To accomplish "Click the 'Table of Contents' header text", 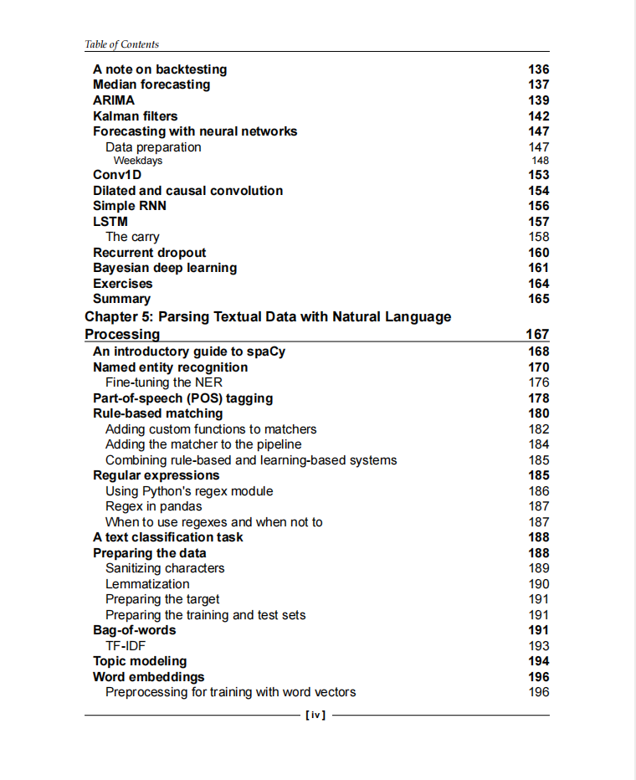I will pyautogui.click(x=122, y=44).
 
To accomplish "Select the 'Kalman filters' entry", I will pyautogui.click(x=135, y=116).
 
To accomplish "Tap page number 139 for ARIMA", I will pyautogui.click(x=539, y=100).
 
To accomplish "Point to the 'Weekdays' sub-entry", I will pyautogui.click(x=138, y=161).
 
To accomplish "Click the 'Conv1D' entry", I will pyautogui.click(x=117, y=175).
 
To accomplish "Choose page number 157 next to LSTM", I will pyautogui.click(x=539, y=222).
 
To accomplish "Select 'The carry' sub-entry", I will pyautogui.click(x=132, y=237).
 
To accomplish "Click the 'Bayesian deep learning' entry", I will pyautogui.click(x=165, y=268).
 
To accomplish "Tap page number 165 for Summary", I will pyautogui.click(x=539, y=299).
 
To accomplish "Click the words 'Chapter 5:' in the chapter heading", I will pyautogui.click(x=119, y=317).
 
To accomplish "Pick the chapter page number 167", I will pyautogui.click(x=537, y=335).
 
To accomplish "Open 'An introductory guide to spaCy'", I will pyautogui.click(x=189, y=352).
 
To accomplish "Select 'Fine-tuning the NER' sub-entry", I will pyautogui.click(x=164, y=382).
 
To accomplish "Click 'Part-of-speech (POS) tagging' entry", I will pyautogui.click(x=182, y=398).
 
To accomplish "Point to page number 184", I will pyautogui.click(x=539, y=444).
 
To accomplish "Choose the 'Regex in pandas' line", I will pyautogui.click(x=153, y=506).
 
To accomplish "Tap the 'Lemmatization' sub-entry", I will pyautogui.click(x=147, y=584).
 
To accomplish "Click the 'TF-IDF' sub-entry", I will pyautogui.click(x=126, y=646).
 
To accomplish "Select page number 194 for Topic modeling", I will pyautogui.click(x=539, y=661).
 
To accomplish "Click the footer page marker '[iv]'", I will pyautogui.click(x=316, y=716).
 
